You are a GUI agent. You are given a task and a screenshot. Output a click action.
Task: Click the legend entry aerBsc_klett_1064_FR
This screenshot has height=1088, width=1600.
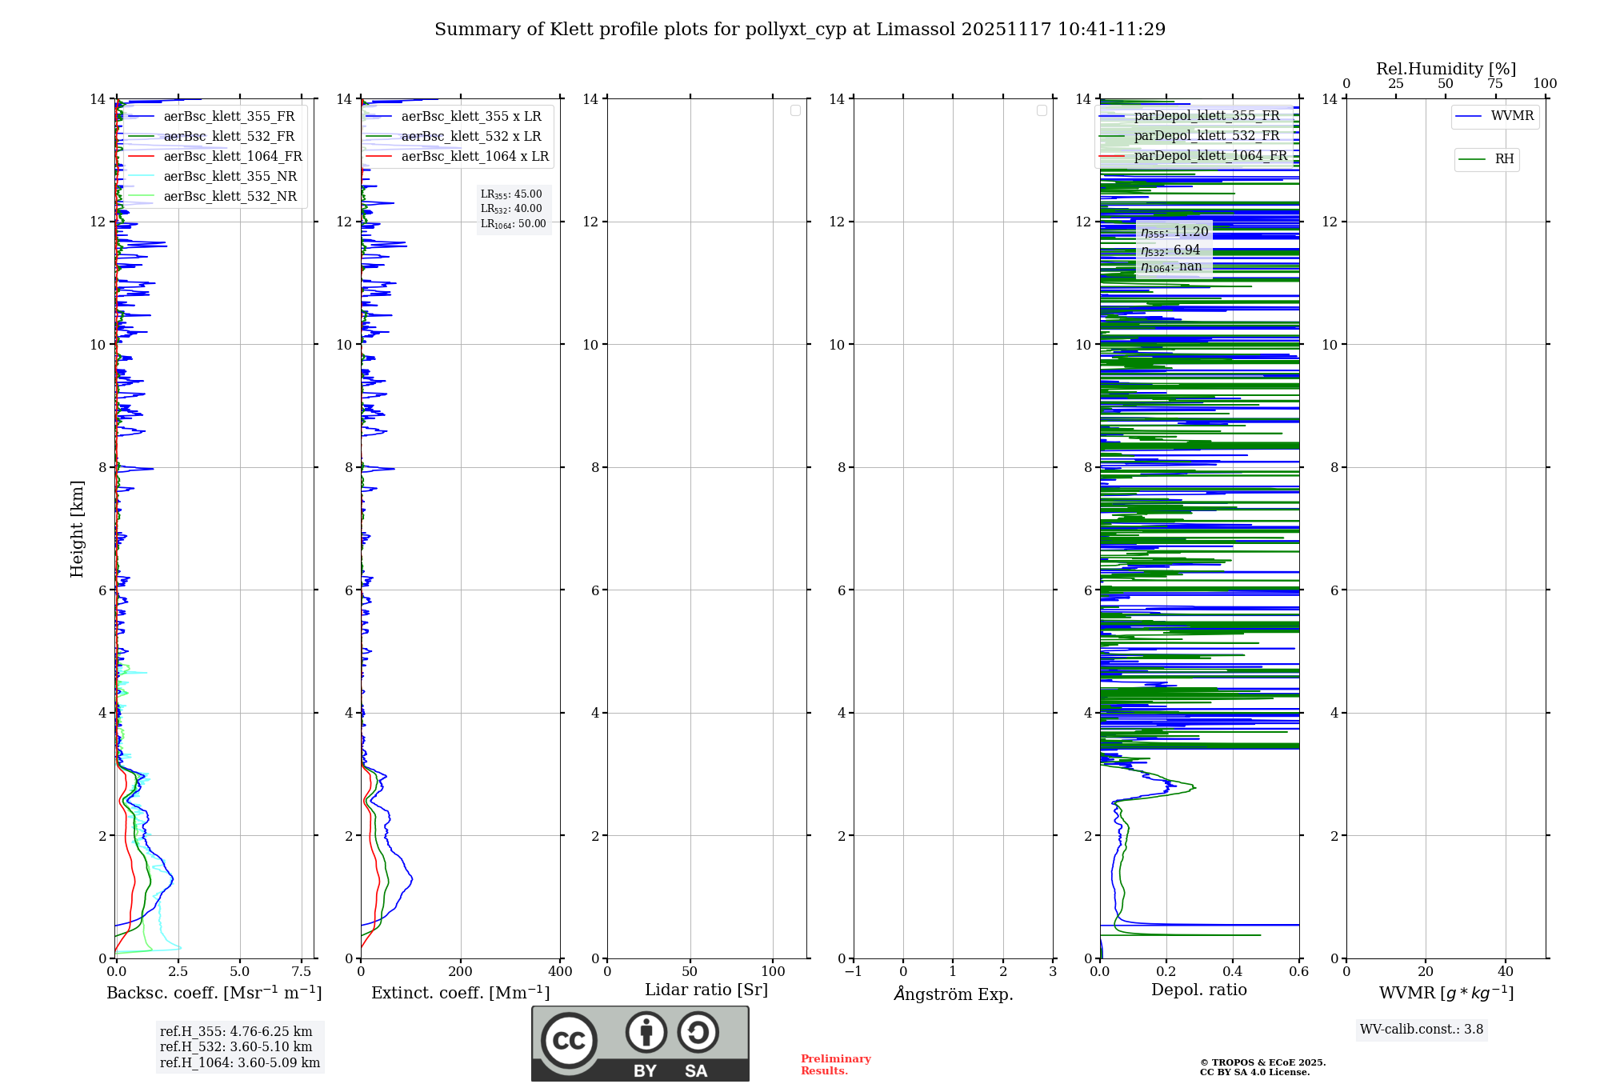(233, 157)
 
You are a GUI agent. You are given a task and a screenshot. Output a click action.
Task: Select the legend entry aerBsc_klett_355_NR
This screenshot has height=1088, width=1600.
(230, 177)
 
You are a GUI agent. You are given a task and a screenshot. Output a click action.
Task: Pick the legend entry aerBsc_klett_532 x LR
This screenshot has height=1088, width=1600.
(471, 137)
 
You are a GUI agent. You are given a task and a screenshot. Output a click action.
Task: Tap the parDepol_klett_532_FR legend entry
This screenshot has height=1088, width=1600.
(1206, 136)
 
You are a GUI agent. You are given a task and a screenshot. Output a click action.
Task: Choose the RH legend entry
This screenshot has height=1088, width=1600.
(1504, 159)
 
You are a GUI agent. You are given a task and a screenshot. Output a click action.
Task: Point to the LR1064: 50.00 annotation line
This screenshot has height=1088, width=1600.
(513, 224)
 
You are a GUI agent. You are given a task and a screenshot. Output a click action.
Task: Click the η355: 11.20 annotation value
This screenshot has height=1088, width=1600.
(1174, 232)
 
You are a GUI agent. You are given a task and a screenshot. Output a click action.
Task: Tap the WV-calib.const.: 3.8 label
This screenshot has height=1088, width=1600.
(1422, 1030)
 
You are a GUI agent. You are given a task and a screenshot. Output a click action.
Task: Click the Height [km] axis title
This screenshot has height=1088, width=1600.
(77, 529)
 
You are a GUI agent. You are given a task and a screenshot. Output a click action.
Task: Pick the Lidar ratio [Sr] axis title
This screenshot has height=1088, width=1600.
(706, 990)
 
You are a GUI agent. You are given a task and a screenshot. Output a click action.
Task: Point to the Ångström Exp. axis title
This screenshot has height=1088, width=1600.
(954, 994)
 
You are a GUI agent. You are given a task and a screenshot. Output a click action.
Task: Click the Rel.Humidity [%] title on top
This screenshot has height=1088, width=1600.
(1446, 69)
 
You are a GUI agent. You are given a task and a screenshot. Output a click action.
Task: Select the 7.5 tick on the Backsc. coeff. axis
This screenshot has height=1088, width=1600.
(302, 972)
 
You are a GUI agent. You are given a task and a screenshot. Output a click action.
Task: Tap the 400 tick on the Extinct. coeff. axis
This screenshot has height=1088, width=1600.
(560, 972)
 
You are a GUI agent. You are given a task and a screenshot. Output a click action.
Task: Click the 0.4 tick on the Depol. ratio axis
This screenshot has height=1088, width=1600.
(1233, 972)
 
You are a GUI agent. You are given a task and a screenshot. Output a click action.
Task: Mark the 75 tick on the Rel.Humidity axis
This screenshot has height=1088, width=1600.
(1495, 84)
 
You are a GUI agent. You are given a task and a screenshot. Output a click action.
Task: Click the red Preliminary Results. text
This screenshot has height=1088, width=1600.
(835, 1065)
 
